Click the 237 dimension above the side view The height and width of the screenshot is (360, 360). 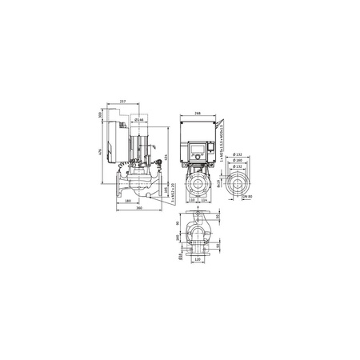click(122, 101)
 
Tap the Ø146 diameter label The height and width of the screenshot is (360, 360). click(138, 120)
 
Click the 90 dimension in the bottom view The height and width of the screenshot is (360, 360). click(177, 224)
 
